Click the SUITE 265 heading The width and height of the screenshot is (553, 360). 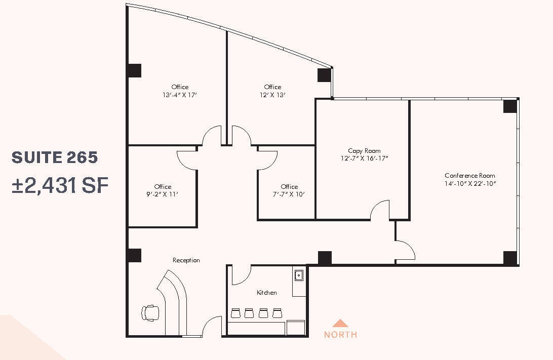(55, 157)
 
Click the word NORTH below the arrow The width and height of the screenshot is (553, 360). (340, 335)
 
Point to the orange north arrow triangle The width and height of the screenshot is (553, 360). (340, 323)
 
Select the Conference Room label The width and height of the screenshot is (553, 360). (470, 176)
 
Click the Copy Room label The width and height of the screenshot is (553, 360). (364, 151)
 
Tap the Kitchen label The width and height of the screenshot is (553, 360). (267, 293)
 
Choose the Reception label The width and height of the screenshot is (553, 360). (186, 260)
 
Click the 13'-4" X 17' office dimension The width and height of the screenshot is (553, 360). (180, 95)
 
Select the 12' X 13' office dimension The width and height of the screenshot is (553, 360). (272, 95)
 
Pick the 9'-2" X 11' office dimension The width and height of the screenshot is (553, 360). (163, 194)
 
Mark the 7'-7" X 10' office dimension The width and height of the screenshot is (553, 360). (289, 194)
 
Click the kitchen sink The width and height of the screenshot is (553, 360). (299, 275)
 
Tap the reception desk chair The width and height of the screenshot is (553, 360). (150, 312)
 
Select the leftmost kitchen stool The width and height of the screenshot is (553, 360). (235, 313)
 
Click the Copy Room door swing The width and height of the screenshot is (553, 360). (380, 211)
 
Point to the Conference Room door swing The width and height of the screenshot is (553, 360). (406, 249)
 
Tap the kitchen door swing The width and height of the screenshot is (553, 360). (241, 275)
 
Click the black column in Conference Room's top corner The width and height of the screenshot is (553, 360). (510, 106)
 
